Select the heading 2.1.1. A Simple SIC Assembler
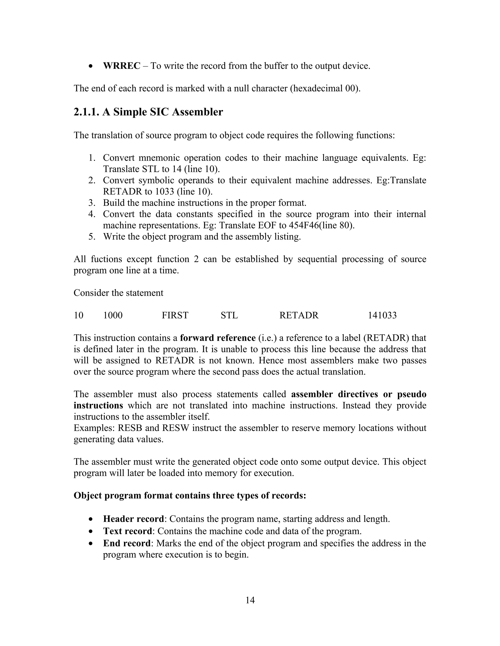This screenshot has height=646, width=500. coord(148,112)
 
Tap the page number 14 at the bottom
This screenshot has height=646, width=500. coord(250,600)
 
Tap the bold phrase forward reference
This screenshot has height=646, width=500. coord(218,338)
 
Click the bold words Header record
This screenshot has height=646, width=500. coord(133,519)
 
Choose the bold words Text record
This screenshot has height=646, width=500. coord(127,531)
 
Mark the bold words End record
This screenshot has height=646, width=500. coord(126,543)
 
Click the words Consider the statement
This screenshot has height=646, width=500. coord(118,293)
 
